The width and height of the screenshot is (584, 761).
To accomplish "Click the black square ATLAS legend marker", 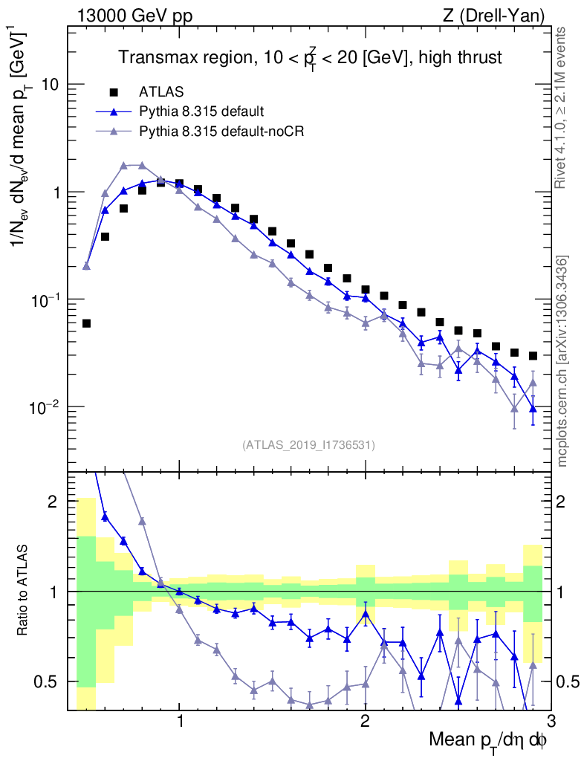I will tap(114, 92).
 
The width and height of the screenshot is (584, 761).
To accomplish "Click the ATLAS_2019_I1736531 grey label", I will tap(308, 445).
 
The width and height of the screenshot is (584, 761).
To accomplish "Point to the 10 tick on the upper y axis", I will tap(51, 85).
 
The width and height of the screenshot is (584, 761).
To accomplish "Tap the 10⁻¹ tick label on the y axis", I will tap(46, 299).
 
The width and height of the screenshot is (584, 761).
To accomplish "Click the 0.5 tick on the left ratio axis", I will tap(48, 681).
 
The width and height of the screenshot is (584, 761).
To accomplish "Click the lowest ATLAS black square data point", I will tap(86, 323).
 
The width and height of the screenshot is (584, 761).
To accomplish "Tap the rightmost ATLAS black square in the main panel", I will tap(533, 356).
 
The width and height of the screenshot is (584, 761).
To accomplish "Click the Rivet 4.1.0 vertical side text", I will tap(562, 107).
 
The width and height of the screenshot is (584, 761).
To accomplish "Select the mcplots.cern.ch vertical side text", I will tap(562, 360).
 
